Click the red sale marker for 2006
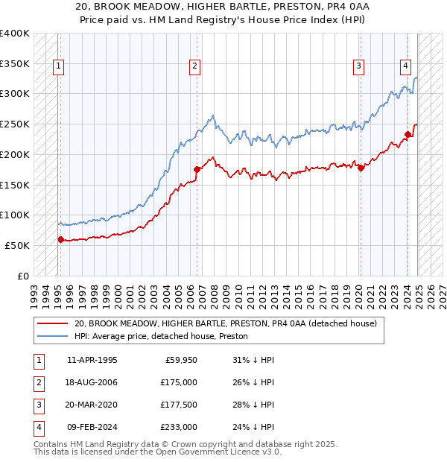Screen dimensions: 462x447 pos(197,170)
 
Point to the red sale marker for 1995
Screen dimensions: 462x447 pos(60,239)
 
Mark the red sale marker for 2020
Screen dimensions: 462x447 pos(361,168)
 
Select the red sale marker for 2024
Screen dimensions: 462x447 pos(408,135)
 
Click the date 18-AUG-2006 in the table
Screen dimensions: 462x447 pos(92,382)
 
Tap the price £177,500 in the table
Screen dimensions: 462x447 pos(178,405)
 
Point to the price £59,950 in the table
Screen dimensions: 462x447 pos(180,360)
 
